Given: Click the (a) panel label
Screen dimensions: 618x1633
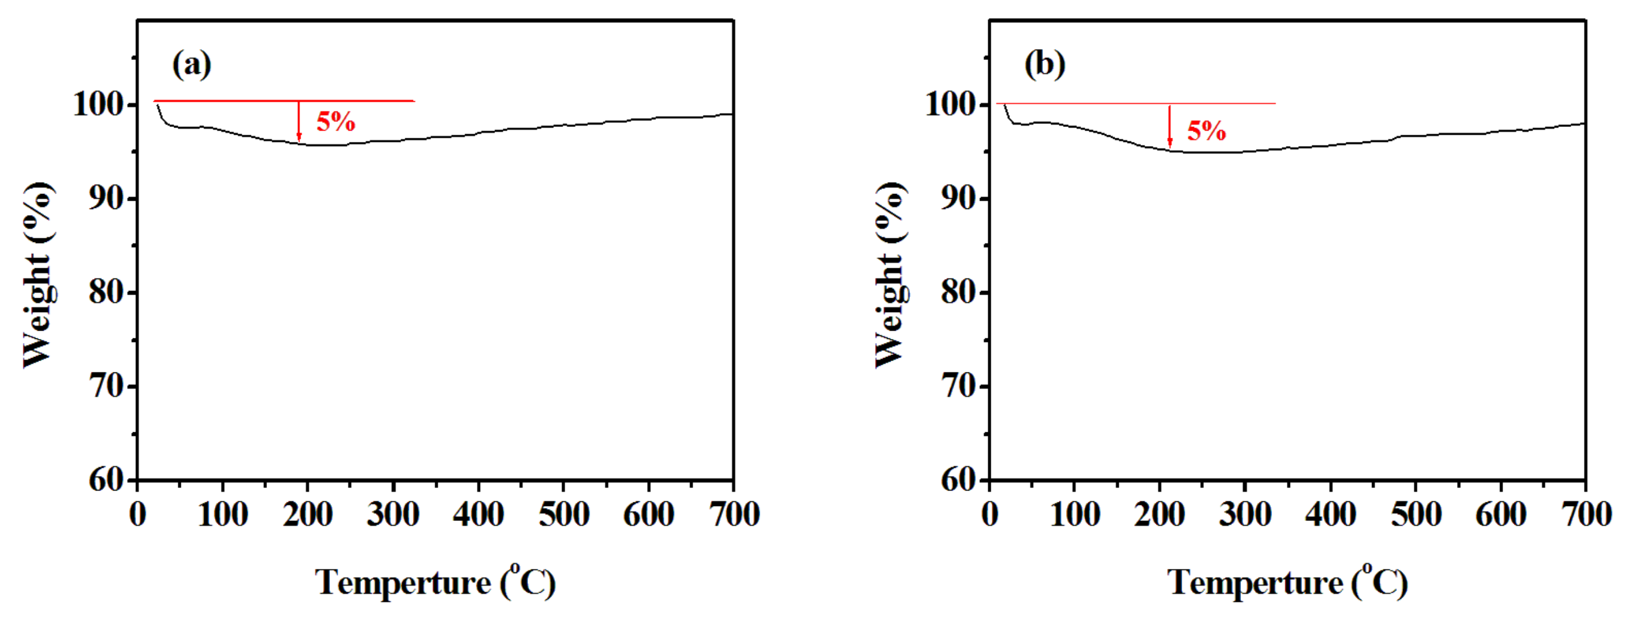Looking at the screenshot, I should pos(192,65).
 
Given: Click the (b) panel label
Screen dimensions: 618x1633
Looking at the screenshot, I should pos(1045,65).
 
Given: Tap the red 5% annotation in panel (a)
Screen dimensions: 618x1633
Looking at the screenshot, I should pos(335,121).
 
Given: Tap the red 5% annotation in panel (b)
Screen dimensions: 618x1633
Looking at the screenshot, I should pos(1206,131).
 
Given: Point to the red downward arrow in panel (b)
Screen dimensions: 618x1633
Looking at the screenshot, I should pos(1170,126).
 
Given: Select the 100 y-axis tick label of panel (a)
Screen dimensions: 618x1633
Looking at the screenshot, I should pos(98,104).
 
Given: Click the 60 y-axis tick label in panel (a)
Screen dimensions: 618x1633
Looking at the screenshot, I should pos(107,480).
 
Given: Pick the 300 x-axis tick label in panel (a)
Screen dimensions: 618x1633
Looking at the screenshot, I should pos(393,514).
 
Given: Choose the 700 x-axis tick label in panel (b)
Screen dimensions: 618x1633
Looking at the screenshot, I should pos(1586,514).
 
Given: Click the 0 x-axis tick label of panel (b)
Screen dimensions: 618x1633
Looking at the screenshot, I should pos(990,514).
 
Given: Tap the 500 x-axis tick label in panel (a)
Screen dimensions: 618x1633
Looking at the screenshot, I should pos(563,514).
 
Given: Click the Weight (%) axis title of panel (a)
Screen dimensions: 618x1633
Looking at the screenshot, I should pos(38,274).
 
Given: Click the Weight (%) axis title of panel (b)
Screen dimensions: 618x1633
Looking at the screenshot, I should pos(891,274).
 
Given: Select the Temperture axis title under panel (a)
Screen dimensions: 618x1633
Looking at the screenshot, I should pos(436,582).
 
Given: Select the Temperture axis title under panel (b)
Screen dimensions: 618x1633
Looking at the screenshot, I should pos(1288,582).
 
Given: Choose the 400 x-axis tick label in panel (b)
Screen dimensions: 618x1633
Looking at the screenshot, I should pos(1331,514).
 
